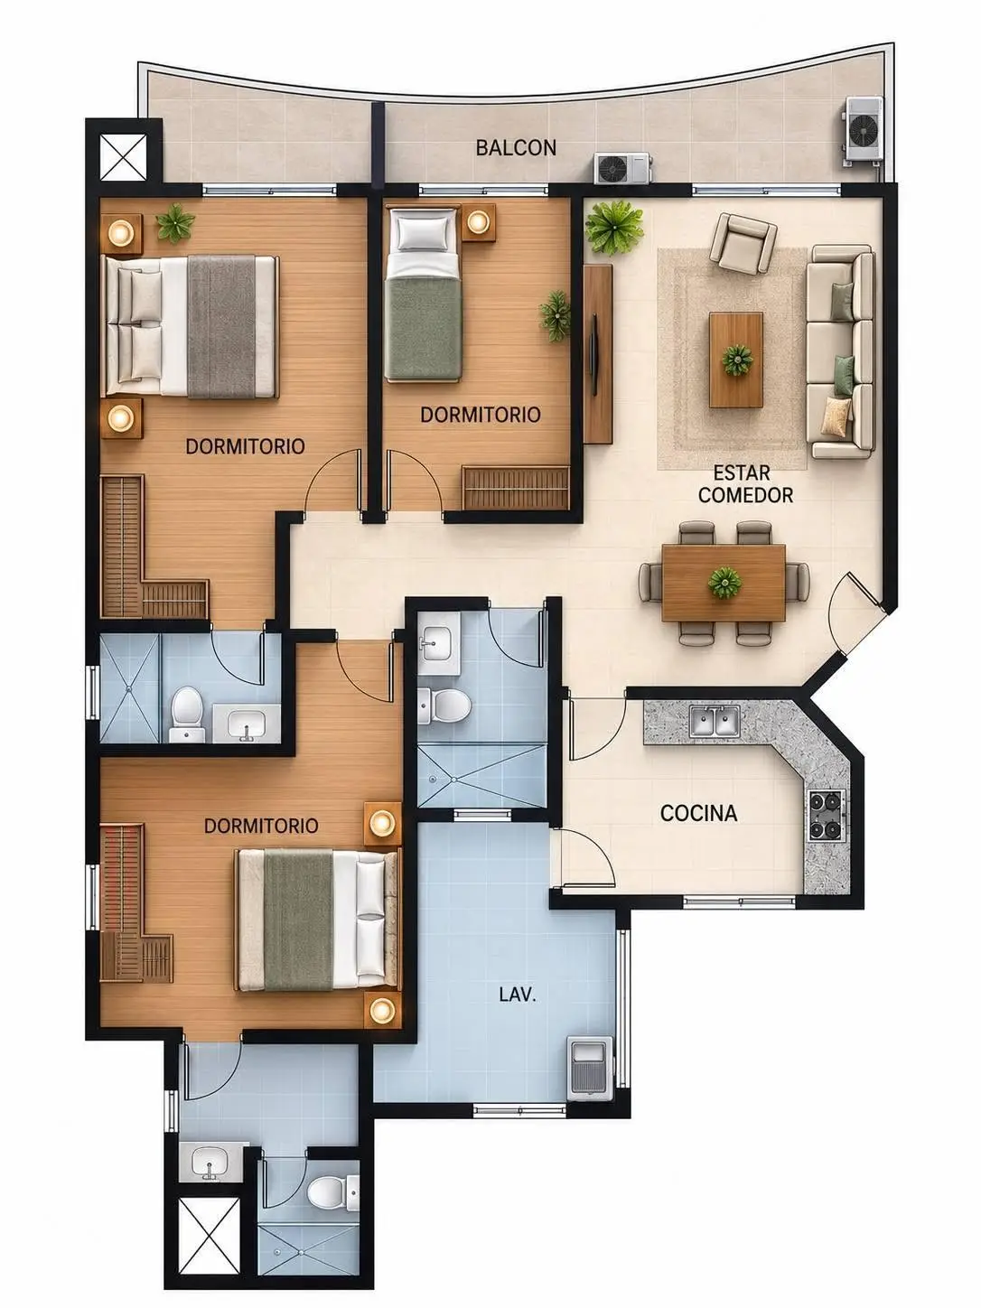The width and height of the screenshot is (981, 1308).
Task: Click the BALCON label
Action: click(516, 147)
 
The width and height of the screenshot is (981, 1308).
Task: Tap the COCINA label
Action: click(698, 813)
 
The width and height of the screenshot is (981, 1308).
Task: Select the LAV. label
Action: click(517, 995)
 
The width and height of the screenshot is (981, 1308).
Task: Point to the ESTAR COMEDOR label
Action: click(744, 484)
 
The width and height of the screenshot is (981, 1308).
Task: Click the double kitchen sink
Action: click(715, 721)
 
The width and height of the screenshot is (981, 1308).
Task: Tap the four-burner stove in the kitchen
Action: click(827, 815)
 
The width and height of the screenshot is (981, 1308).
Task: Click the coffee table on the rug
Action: click(735, 360)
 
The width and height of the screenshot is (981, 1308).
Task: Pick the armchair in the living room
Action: click(743, 243)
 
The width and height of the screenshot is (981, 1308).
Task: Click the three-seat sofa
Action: click(840, 351)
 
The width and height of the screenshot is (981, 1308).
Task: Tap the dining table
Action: click(723, 583)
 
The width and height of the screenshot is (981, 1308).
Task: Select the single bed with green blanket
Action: click(423, 294)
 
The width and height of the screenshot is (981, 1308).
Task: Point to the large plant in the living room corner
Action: click(613, 227)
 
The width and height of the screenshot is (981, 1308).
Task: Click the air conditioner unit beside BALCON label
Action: click(622, 167)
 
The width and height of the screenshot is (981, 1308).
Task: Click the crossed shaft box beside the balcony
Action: click(123, 156)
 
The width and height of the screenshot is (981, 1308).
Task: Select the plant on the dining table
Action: click(724, 583)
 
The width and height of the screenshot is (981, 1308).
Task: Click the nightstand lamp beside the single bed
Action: click(477, 222)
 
